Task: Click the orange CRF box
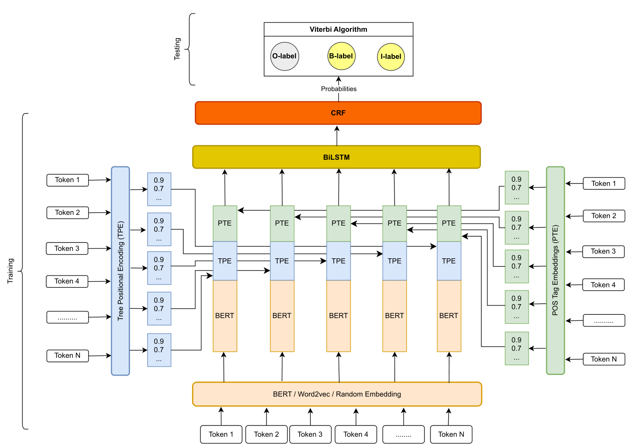338,113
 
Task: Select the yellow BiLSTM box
336,157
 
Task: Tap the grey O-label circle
285,57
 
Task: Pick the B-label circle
341,56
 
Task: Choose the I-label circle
391,57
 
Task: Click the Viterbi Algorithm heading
338,29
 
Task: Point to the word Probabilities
338,89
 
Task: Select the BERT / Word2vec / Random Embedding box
337,394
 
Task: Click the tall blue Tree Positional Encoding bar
120,271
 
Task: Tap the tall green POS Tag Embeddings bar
555,271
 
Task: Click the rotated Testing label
177,49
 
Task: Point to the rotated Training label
10,271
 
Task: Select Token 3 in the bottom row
310,434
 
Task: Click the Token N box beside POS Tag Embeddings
604,359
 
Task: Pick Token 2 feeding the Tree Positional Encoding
67,213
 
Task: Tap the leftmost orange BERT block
225,316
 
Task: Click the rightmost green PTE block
449,223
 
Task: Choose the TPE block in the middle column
338,261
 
